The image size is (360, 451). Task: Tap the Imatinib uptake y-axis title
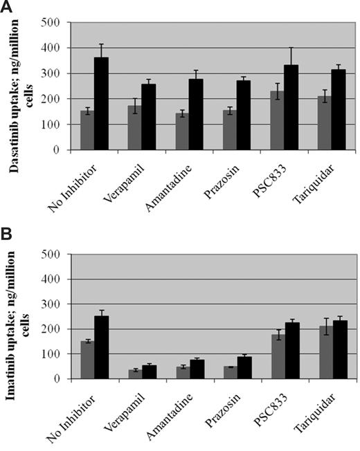click(x=20, y=316)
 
